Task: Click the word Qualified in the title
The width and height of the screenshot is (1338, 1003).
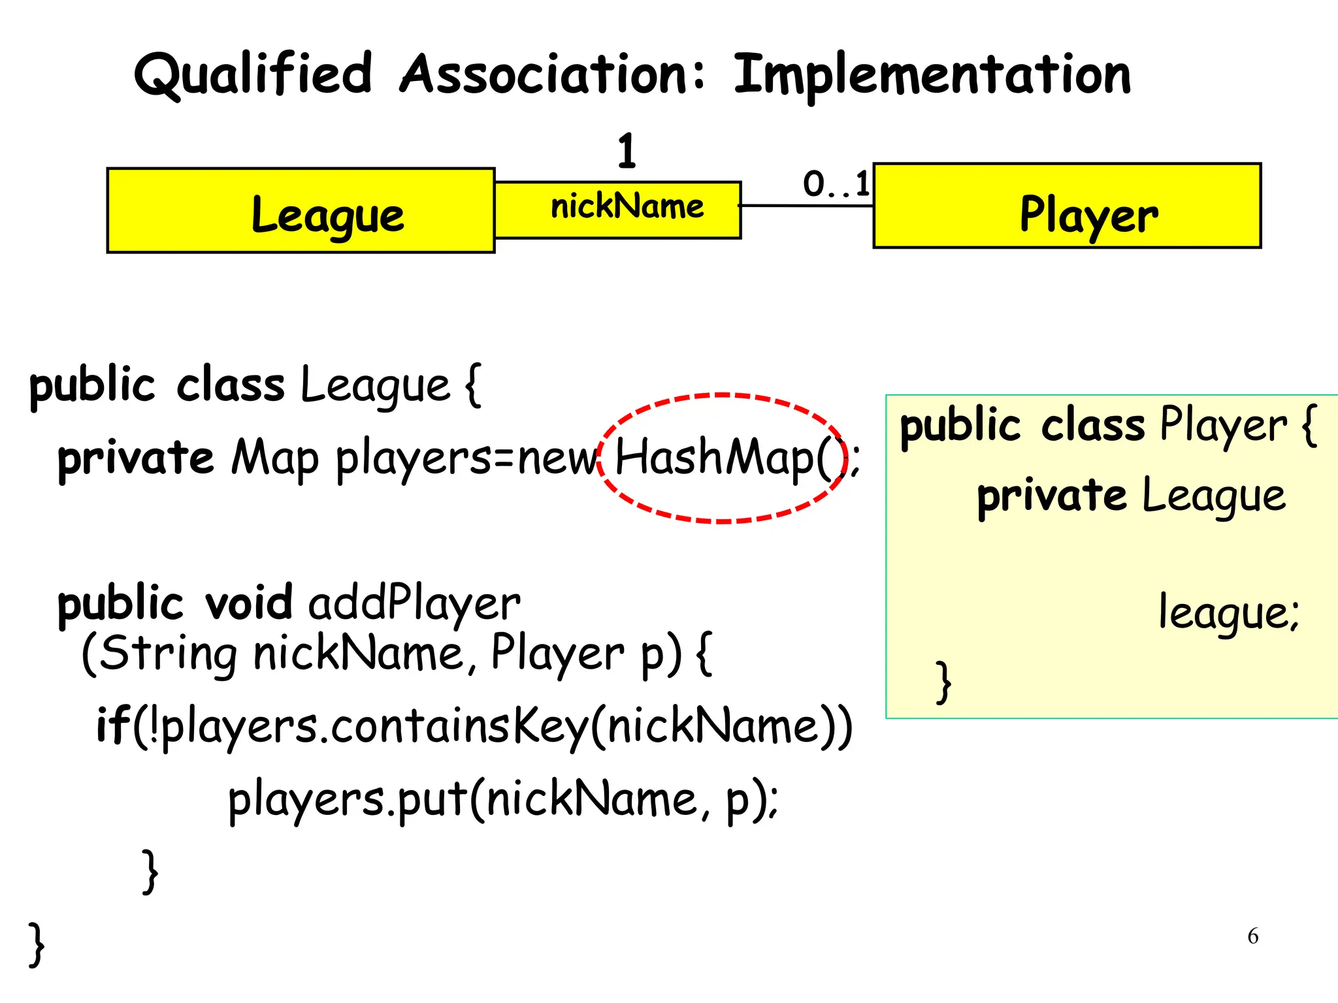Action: coord(253,75)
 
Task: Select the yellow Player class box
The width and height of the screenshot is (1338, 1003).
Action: coord(1067,206)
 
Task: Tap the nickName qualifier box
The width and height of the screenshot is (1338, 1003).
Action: coord(618,210)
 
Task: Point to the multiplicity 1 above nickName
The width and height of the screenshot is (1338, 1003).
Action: coord(627,151)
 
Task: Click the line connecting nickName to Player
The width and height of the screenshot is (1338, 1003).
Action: coord(807,206)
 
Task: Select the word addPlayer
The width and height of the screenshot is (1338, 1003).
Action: coord(414,603)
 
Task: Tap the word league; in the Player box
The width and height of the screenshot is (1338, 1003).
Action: coord(1229,613)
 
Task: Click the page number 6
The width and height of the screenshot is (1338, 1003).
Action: coord(1252,936)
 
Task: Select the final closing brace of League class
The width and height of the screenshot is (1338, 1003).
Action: coord(37,944)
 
